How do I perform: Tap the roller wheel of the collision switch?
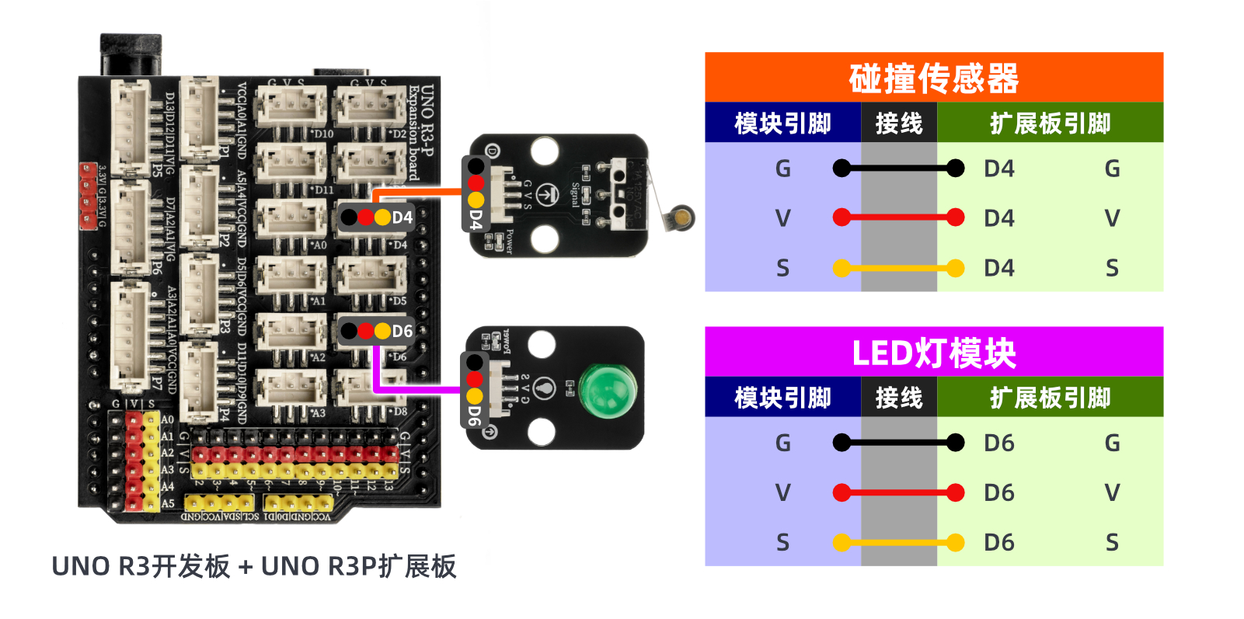click(x=681, y=217)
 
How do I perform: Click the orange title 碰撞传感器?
click(x=933, y=78)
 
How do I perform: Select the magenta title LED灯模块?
click(x=933, y=353)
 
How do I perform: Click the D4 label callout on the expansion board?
click(x=378, y=217)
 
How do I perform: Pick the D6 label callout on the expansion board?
click(x=378, y=332)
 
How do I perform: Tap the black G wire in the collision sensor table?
click(x=898, y=168)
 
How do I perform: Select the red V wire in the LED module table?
click(x=898, y=492)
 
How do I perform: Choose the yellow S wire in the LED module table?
click(x=898, y=542)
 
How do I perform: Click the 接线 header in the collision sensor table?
click(x=898, y=123)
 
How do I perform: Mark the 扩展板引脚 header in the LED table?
click(x=1050, y=398)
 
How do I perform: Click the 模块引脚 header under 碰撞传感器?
click(x=782, y=123)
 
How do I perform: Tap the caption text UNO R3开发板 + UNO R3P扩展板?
click(x=253, y=566)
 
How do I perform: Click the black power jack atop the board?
click(x=131, y=54)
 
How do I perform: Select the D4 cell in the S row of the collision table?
click(x=999, y=268)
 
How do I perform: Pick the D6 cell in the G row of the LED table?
click(x=999, y=443)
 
